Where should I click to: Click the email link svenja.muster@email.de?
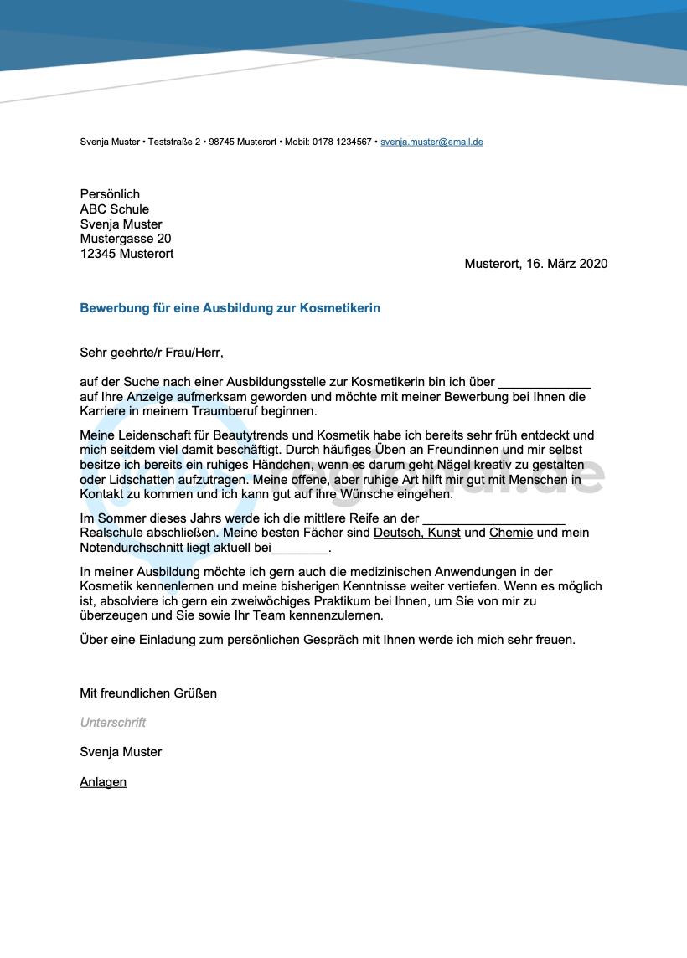pyautogui.click(x=431, y=142)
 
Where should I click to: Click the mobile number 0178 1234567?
pyautogui.click(x=342, y=142)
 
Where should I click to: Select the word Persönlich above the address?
pyautogui.click(x=110, y=194)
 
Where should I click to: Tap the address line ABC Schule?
pyautogui.click(x=115, y=209)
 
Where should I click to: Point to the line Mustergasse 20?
pyautogui.click(x=126, y=239)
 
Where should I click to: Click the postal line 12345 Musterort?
pyautogui.click(x=127, y=254)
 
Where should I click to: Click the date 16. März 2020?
pyautogui.click(x=566, y=264)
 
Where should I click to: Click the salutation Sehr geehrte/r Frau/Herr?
pyautogui.click(x=152, y=353)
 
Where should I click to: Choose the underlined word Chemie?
pyautogui.click(x=511, y=533)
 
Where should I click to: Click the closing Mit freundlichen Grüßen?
pyautogui.click(x=148, y=693)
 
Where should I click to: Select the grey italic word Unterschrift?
pyautogui.click(x=113, y=723)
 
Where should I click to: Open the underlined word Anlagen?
pyautogui.click(x=103, y=782)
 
